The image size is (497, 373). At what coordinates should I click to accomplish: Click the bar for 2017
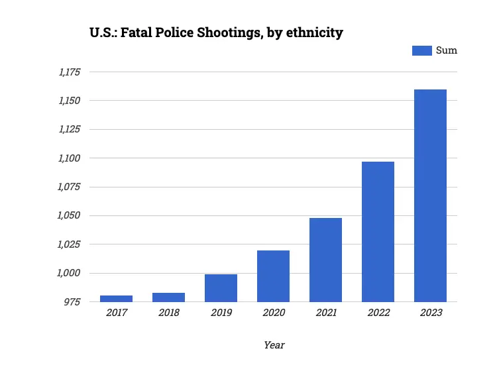click(x=117, y=299)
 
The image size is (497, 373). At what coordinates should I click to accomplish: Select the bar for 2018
click(x=169, y=297)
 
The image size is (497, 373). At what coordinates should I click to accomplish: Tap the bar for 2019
click(x=221, y=288)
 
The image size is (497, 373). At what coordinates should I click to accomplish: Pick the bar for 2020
click(x=273, y=276)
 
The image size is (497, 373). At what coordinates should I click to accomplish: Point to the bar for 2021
click(x=325, y=260)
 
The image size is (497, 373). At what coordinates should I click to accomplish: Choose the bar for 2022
click(x=378, y=232)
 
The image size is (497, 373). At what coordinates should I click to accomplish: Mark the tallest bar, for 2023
click(x=430, y=195)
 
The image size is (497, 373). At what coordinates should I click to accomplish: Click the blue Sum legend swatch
click(x=422, y=50)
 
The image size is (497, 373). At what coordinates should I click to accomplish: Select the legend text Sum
click(x=446, y=50)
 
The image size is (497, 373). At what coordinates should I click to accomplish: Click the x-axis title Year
click(x=274, y=345)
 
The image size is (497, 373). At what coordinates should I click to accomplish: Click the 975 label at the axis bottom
click(x=74, y=301)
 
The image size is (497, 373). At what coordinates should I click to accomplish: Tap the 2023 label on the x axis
click(x=430, y=312)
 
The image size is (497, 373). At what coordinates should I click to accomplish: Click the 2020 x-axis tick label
click(x=273, y=312)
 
